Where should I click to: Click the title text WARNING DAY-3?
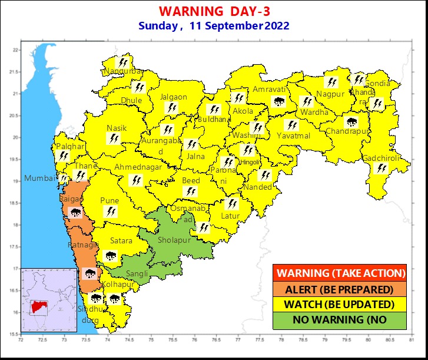click(x=215, y=11)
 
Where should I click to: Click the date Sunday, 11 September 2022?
click(x=214, y=26)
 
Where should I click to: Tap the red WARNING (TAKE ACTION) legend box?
click(x=340, y=273)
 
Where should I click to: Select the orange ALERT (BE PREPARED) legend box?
click(x=340, y=289)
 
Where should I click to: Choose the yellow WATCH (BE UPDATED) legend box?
click(x=340, y=305)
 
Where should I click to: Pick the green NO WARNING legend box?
click(x=340, y=320)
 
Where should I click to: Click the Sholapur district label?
click(x=175, y=240)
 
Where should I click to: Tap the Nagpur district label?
click(x=329, y=94)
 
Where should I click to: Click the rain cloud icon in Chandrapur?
click(x=351, y=123)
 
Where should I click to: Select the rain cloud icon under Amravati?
click(x=278, y=101)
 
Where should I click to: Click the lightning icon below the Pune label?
click(x=110, y=212)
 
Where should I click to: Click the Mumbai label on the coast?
click(x=37, y=179)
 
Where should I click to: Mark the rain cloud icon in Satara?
click(x=110, y=256)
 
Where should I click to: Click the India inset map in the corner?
click(x=49, y=300)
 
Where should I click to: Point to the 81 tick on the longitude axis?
click(x=410, y=340)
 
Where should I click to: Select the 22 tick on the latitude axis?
click(x=15, y=50)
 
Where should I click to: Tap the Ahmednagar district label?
click(x=138, y=167)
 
